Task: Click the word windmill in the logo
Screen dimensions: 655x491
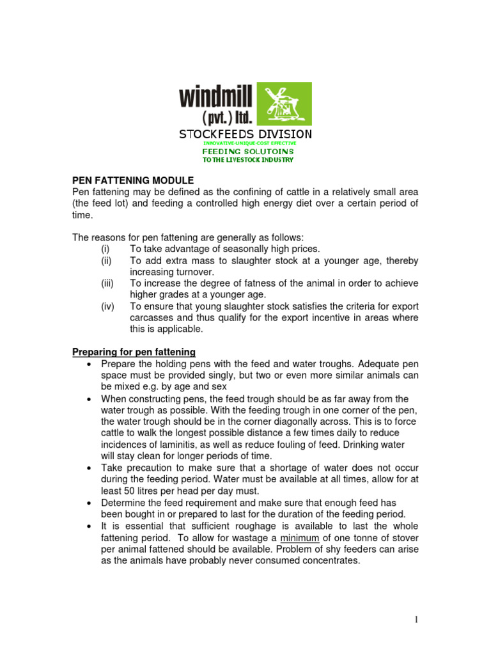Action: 216,97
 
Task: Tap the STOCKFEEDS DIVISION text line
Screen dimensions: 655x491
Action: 245,134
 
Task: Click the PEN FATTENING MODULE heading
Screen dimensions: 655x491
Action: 132,180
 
